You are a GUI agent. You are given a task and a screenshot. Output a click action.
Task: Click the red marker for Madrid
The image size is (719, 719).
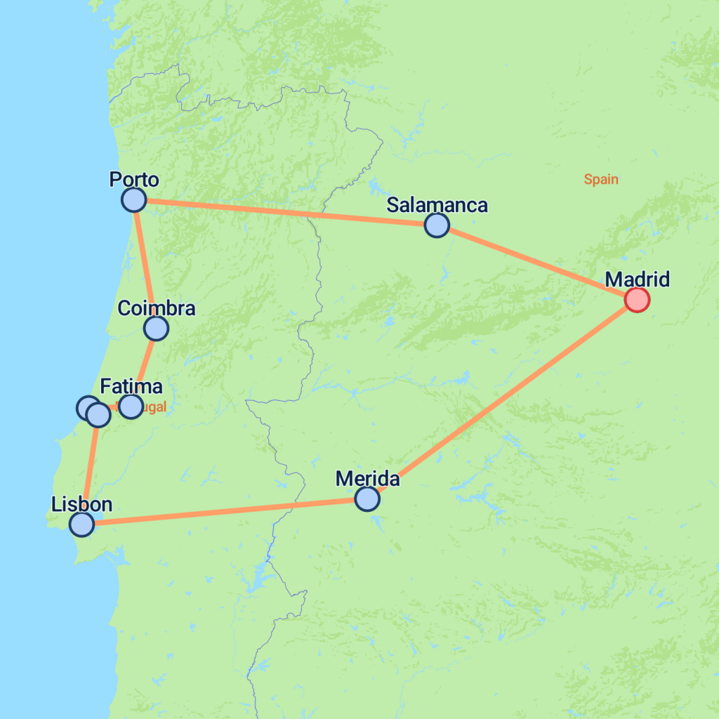point(637,300)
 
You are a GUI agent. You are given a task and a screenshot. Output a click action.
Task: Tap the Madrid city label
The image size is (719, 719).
point(638,279)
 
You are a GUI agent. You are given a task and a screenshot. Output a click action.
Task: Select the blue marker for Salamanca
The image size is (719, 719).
point(437,225)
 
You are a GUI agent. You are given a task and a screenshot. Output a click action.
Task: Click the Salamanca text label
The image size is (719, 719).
point(437,205)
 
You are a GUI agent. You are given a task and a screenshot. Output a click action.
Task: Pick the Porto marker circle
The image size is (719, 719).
point(133,200)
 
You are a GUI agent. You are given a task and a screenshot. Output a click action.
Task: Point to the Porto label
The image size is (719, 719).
point(134,180)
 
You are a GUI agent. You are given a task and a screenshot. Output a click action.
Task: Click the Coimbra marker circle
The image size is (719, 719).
point(156,328)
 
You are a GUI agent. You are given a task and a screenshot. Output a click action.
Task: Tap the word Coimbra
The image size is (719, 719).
point(156,308)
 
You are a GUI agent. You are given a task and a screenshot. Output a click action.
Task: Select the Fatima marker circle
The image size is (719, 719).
point(131,407)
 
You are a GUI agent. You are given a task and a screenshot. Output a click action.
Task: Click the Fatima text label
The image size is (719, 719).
point(131,386)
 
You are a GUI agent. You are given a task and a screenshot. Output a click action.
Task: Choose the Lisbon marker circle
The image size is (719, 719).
point(82,524)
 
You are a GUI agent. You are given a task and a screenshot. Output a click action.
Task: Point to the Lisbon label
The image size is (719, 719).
point(81,503)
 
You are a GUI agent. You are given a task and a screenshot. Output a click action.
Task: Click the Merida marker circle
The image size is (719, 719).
point(367,499)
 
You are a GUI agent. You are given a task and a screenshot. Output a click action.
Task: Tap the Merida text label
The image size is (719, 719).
point(367,479)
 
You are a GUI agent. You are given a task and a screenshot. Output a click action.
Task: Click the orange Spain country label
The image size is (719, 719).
point(601,179)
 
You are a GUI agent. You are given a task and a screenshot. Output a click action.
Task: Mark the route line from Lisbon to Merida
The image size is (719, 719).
point(225,511)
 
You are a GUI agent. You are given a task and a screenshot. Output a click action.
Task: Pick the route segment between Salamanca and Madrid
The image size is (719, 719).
point(537,263)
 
